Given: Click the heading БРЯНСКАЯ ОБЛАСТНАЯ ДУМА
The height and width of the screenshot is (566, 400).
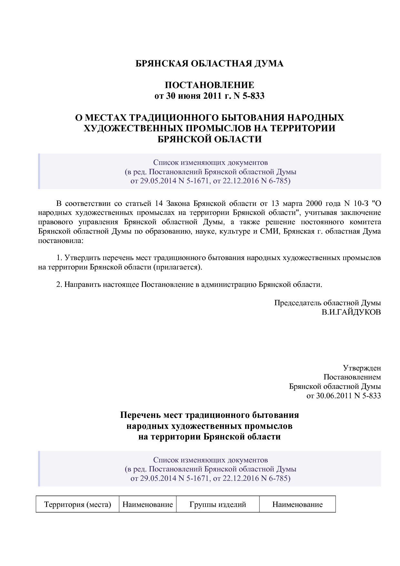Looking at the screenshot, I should (x=209, y=64).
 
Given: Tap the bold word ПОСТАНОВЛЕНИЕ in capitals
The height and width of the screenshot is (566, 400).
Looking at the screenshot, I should (x=209, y=85).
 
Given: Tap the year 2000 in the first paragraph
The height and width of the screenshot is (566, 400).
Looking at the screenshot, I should (x=314, y=204).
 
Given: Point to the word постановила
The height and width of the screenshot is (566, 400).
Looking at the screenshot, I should (x=60, y=241).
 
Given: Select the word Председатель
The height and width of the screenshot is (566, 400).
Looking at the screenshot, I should (x=298, y=303).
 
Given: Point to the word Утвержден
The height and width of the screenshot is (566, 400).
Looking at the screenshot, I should (x=362, y=368).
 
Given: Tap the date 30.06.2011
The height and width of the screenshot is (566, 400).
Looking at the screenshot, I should (x=334, y=396).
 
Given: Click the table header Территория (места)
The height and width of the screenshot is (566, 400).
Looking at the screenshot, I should (x=77, y=504).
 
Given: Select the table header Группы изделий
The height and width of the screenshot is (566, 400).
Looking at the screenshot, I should (x=218, y=504).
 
